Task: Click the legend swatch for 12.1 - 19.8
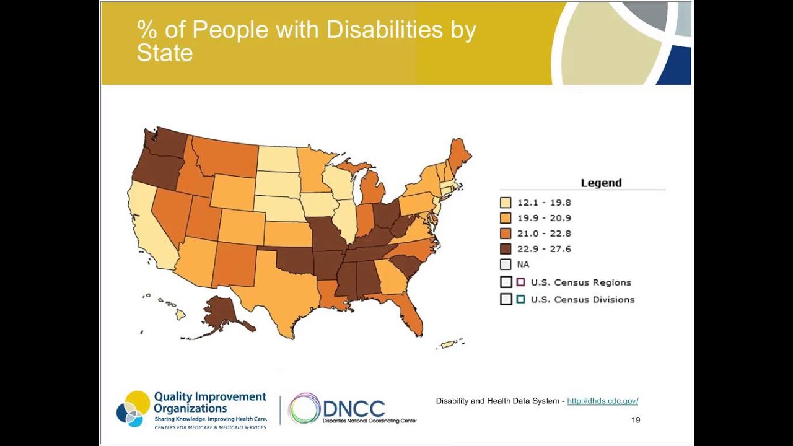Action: (506, 203)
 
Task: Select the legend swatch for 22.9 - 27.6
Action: (506, 249)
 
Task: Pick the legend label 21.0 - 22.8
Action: (544, 234)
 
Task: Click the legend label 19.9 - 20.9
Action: (544, 218)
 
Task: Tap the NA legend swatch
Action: (506, 265)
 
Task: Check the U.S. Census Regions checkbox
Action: (506, 282)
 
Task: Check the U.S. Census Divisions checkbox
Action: (506, 299)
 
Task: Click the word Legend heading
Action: (601, 183)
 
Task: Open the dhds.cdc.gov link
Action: (602, 401)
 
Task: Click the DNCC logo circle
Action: (304, 409)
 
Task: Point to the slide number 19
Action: (636, 420)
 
